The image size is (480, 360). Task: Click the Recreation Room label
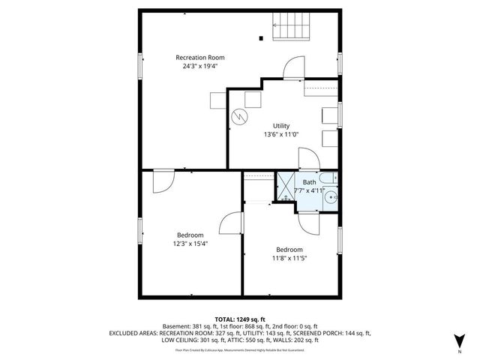(199, 57)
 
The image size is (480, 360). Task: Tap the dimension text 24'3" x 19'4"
(199, 66)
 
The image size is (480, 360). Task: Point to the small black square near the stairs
(261, 37)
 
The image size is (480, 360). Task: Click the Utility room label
(281, 126)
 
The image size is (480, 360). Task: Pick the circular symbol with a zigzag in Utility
(239, 117)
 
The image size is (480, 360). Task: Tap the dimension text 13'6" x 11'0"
(281, 135)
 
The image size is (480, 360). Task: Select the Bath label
(309, 181)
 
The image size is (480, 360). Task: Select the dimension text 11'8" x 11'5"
(289, 259)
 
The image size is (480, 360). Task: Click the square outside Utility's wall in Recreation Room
(217, 100)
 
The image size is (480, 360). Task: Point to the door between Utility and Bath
(308, 160)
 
